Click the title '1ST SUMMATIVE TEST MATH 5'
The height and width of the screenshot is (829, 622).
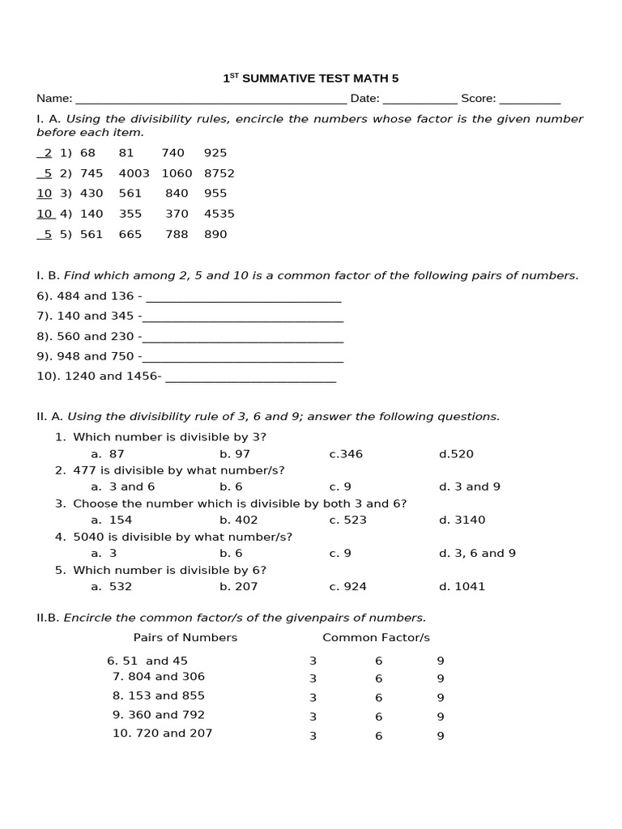point(311,79)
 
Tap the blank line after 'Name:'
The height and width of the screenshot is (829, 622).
point(211,100)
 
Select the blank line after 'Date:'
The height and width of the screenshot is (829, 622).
point(420,100)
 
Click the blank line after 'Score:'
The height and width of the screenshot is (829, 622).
point(530,100)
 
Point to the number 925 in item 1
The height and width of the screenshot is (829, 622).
point(215,153)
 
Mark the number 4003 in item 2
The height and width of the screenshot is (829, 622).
point(134,173)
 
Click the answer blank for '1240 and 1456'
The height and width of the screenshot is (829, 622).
point(250,378)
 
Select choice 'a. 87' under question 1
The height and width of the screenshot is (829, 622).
point(108,454)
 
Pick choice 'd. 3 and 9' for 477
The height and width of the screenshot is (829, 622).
point(470,487)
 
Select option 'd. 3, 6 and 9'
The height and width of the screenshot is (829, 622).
point(477,553)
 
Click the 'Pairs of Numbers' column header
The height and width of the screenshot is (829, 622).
point(185,637)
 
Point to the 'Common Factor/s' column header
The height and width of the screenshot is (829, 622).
point(376,637)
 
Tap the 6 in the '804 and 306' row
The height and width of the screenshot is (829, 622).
point(378,679)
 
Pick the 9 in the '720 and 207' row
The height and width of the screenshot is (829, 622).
point(441,736)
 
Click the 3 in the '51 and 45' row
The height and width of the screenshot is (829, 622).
point(313,661)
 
